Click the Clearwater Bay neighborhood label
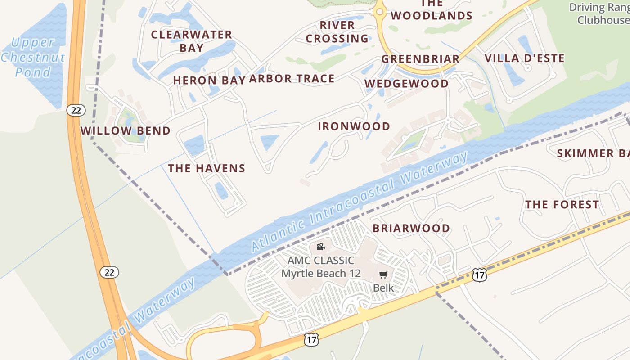(192, 41)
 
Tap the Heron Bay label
(209, 81)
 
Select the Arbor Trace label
(292, 79)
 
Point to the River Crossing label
(337, 32)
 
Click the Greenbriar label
(420, 59)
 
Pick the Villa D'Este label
(524, 58)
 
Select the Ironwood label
(354, 126)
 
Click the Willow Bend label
(125, 131)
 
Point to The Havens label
(207, 169)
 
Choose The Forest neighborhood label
(562, 205)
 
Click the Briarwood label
(411, 228)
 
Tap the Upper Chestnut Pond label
(33, 58)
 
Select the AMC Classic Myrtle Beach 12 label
(321, 267)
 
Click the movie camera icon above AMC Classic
(320, 247)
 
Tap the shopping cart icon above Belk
(383, 274)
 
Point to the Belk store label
(383, 288)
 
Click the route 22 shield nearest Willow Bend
(76, 110)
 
